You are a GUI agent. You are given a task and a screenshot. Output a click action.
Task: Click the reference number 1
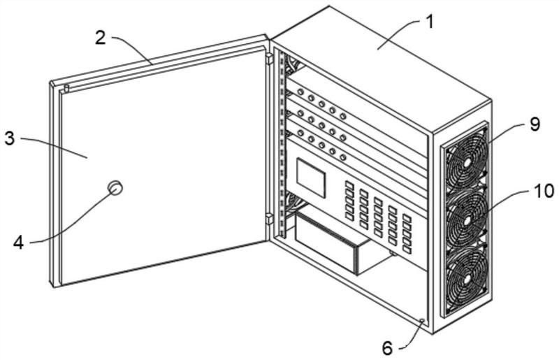(x=430, y=22)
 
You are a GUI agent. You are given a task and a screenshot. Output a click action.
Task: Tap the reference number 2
(x=101, y=38)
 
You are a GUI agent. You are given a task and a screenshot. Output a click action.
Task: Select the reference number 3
(x=10, y=138)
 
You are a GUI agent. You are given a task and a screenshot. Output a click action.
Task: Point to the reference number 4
(x=18, y=243)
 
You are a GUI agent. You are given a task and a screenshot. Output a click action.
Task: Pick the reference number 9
(x=535, y=124)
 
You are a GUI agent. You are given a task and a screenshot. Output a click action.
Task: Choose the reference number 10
(x=544, y=191)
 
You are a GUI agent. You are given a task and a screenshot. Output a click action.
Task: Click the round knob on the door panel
(x=115, y=187)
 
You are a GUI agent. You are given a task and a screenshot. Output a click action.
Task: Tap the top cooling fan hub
(x=467, y=163)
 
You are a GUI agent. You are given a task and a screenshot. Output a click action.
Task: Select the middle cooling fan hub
(x=466, y=221)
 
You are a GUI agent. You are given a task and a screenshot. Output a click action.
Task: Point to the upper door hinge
(x=269, y=59)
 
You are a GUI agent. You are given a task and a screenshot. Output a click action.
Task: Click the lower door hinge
(x=269, y=219)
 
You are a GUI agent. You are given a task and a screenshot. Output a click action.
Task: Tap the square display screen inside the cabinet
(x=311, y=178)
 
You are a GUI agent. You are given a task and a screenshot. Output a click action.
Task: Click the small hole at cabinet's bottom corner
(x=422, y=321)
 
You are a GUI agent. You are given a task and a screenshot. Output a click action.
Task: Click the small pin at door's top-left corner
(x=66, y=88)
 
